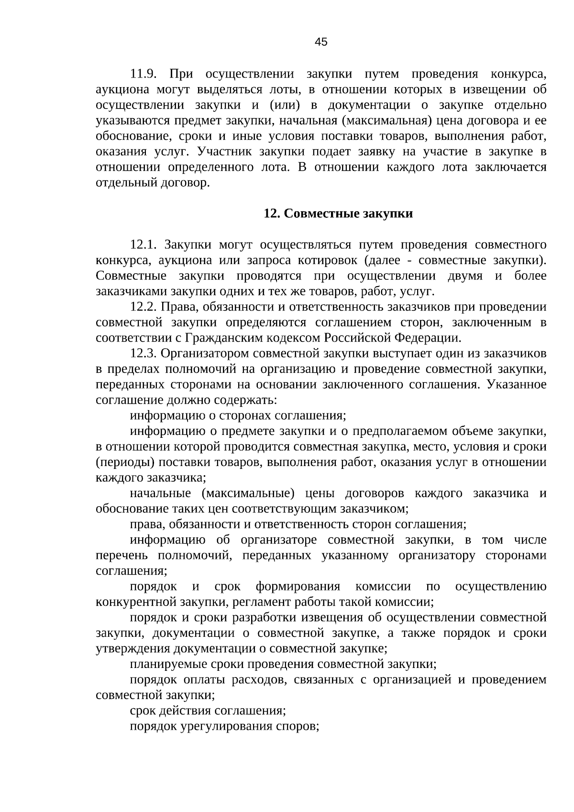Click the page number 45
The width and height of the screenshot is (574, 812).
click(321, 42)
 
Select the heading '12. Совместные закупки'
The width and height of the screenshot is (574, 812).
click(338, 213)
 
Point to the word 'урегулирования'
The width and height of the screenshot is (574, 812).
click(226, 726)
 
